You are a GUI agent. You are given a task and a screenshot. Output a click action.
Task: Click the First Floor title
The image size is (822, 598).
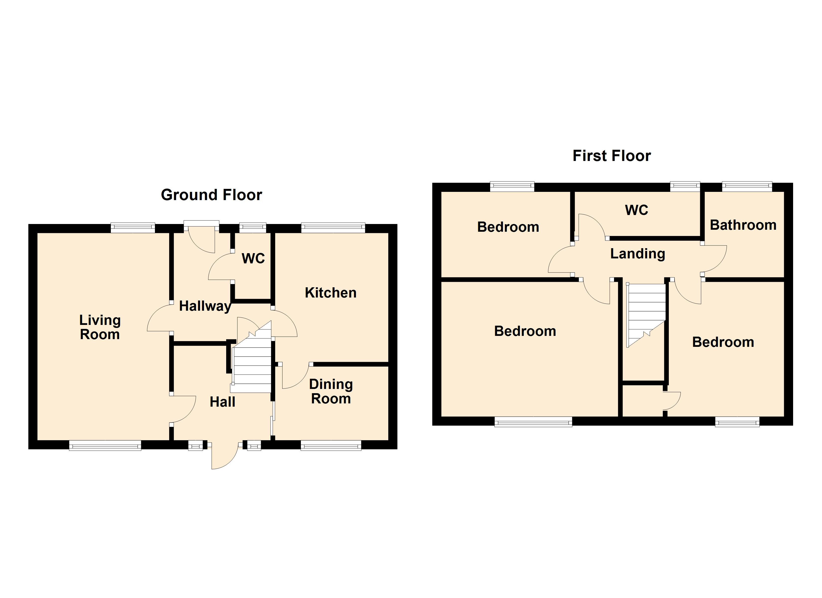(x=612, y=156)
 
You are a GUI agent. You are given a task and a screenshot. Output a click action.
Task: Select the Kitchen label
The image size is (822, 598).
(x=331, y=293)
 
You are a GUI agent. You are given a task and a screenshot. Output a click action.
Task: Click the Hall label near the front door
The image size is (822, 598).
(x=222, y=402)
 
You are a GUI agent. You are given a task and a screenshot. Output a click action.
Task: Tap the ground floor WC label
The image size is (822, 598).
(x=253, y=259)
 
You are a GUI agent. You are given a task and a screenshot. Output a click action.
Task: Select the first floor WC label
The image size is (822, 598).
(x=636, y=210)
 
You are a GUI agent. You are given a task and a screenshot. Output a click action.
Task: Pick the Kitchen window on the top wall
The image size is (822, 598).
(x=333, y=228)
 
